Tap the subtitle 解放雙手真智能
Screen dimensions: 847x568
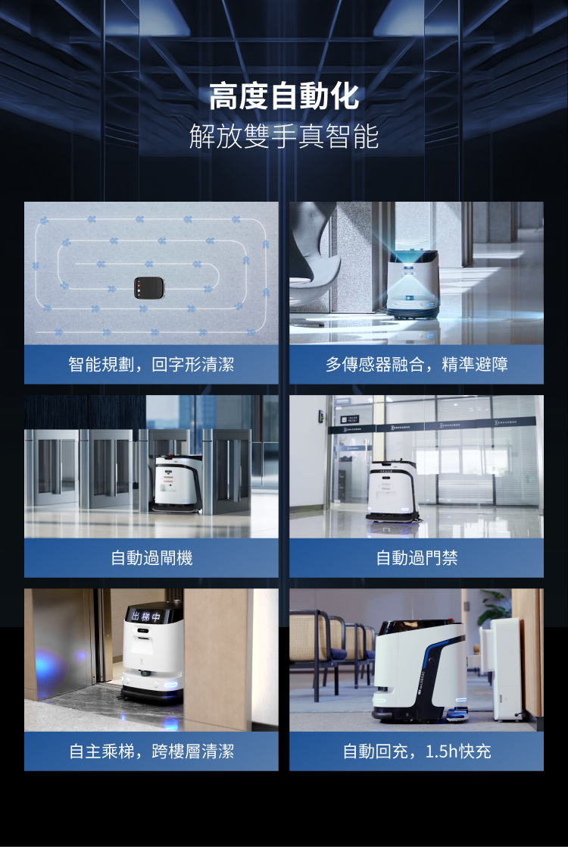(x=284, y=137)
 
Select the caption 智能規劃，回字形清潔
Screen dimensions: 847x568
(x=151, y=365)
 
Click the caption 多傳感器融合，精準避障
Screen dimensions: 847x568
(x=417, y=365)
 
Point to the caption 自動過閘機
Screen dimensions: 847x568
(x=151, y=558)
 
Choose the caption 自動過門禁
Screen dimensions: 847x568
(x=417, y=558)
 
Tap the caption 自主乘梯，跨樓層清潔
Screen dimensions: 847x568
(x=151, y=751)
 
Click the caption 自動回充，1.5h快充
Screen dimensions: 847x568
(x=417, y=751)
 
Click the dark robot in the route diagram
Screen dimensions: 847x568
(x=148, y=287)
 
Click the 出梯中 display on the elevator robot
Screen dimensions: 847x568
(x=146, y=615)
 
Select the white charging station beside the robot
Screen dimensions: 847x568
(x=504, y=667)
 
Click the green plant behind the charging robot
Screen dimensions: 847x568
(x=496, y=607)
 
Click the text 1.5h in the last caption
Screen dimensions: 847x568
(x=442, y=751)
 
